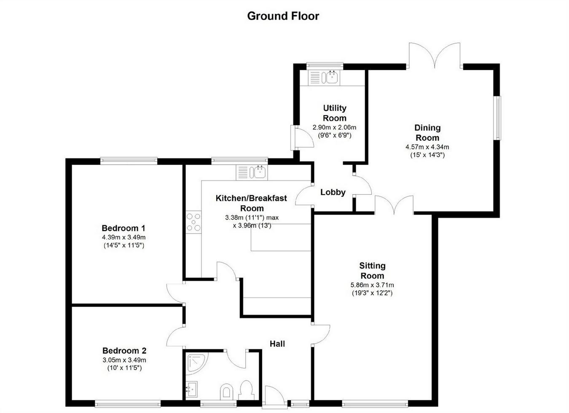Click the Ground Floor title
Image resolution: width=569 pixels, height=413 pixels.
tap(283, 16)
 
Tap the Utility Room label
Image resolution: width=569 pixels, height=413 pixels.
tap(335, 113)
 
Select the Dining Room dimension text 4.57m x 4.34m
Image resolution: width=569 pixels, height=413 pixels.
tap(427, 147)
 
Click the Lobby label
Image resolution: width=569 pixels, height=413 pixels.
tap(333, 192)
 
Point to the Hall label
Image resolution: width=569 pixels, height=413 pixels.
tap(277, 343)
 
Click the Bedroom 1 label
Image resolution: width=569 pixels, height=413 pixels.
tap(123, 228)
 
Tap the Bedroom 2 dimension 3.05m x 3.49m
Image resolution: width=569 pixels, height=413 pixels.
tap(124, 360)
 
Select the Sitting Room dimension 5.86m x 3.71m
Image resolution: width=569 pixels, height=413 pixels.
tap(372, 285)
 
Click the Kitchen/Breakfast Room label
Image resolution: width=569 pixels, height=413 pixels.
tap(252, 203)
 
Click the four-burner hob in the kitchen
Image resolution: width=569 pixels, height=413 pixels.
tap(193, 222)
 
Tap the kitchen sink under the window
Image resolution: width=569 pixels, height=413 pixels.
tap(252, 172)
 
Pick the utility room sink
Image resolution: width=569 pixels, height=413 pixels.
tap(324, 78)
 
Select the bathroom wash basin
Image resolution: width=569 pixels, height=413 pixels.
tap(191, 389)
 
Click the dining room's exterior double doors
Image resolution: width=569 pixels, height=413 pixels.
tap(435, 56)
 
